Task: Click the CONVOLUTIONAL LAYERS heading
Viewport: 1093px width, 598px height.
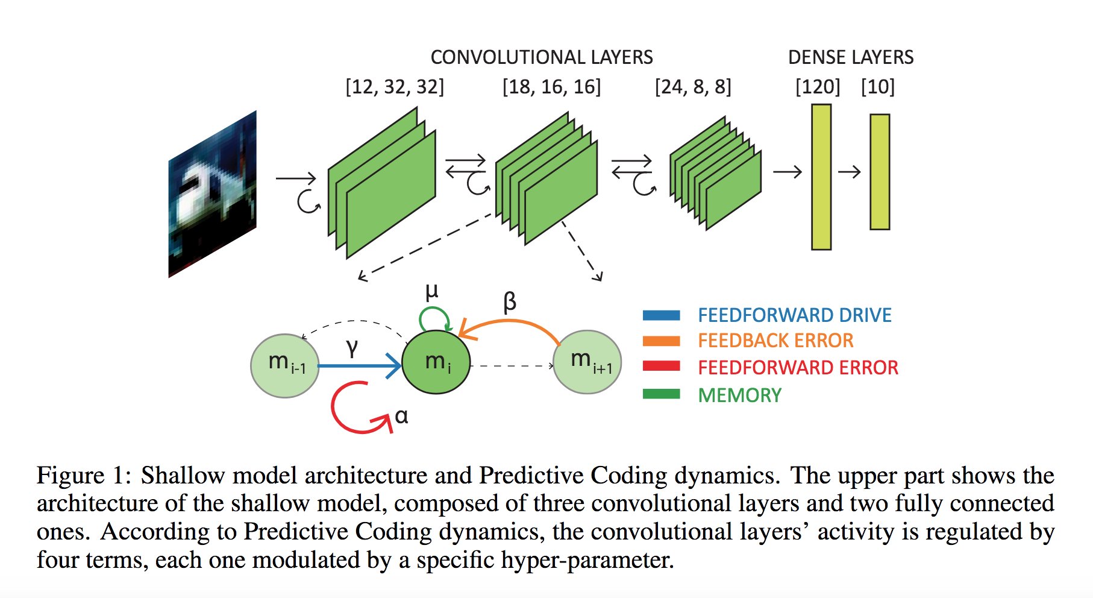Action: pos(541,57)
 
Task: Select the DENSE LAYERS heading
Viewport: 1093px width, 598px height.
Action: pos(850,57)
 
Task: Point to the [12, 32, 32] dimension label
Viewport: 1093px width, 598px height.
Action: pos(395,87)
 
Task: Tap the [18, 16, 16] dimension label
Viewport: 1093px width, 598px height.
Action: pos(551,87)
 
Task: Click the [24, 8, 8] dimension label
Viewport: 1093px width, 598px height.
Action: pos(693,87)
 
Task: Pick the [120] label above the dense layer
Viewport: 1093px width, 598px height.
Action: pos(817,87)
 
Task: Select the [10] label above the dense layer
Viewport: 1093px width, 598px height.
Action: pos(877,87)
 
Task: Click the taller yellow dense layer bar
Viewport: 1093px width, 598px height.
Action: pos(821,177)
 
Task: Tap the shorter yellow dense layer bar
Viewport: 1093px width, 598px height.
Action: pos(880,172)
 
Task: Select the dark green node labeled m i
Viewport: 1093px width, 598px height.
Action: pos(436,362)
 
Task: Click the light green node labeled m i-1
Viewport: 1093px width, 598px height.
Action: pos(285,365)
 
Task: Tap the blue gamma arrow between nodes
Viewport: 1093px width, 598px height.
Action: pos(359,365)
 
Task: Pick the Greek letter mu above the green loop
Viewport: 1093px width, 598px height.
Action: pos(431,292)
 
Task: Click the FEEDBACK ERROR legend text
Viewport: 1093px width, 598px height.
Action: pos(775,341)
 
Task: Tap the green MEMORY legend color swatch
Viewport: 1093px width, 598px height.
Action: pos(661,394)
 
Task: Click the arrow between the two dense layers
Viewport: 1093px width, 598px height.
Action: pos(849,172)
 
